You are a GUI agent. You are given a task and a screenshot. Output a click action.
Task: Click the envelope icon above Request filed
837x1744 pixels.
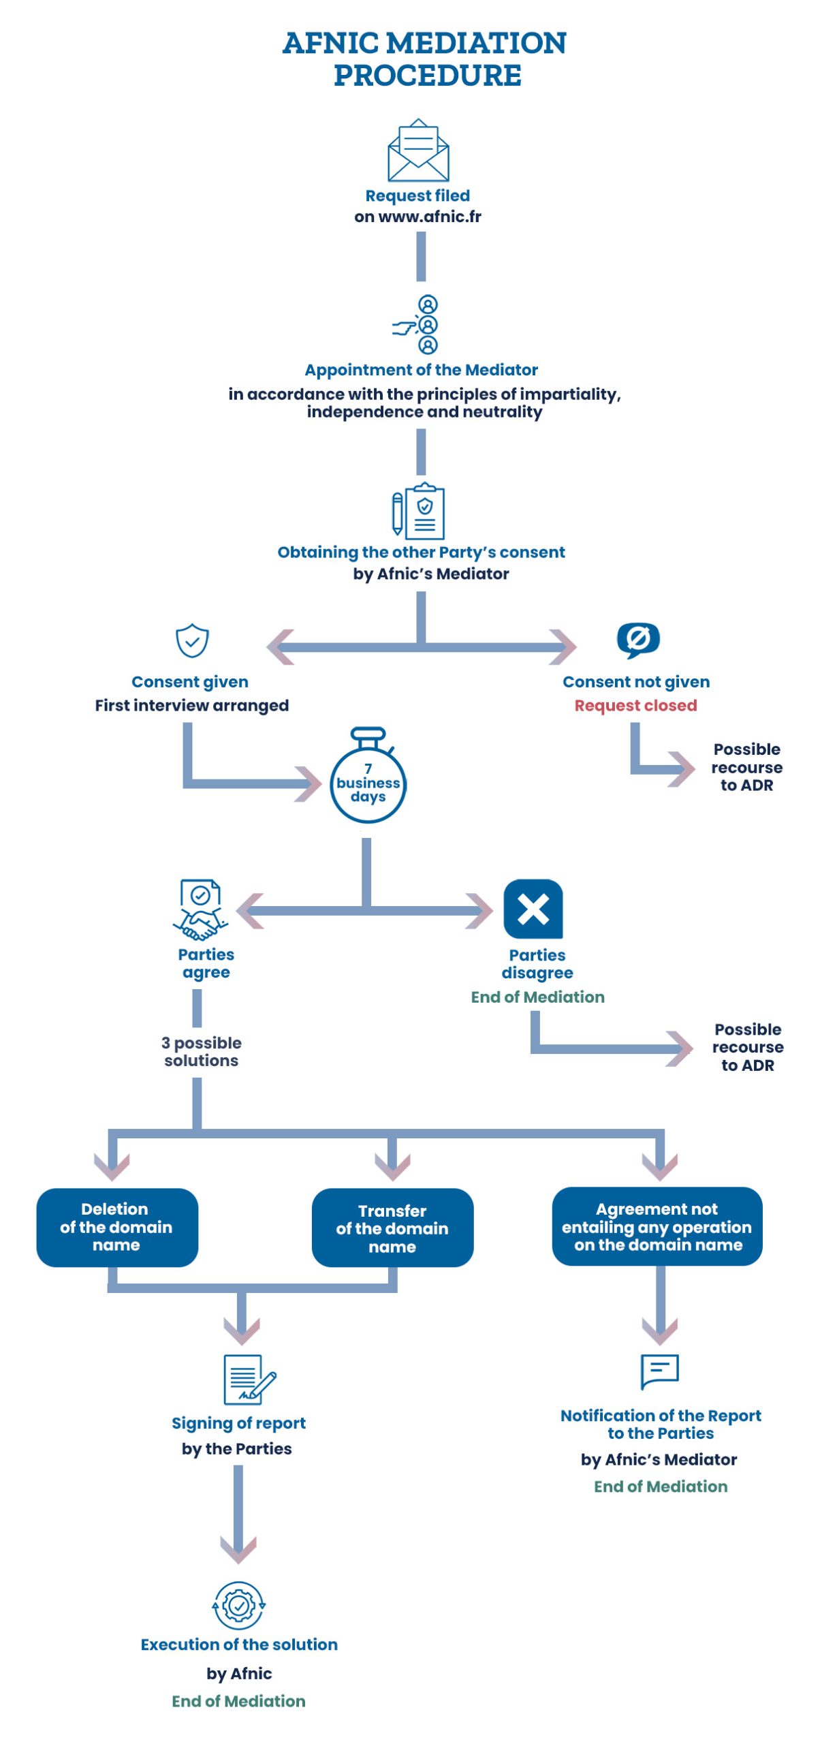tap(418, 151)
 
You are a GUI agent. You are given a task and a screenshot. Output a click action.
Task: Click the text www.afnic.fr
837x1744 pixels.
tap(429, 217)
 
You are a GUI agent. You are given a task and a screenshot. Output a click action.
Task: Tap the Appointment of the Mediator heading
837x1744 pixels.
tap(421, 370)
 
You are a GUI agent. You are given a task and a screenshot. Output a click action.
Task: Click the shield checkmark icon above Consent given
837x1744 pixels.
tap(192, 640)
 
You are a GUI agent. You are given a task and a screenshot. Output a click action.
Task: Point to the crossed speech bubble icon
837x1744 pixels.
tap(637, 639)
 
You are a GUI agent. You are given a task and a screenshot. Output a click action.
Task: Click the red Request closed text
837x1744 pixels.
tap(635, 705)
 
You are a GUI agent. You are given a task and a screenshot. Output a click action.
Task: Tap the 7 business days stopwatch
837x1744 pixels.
tap(368, 781)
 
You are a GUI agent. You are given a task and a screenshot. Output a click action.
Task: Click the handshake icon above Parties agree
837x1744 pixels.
tap(200, 909)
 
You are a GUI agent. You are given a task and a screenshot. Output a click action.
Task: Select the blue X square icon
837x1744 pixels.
tap(533, 909)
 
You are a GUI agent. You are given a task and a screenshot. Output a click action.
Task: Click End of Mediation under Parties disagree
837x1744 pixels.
tap(537, 997)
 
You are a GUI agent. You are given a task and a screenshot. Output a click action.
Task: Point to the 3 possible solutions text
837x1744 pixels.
tap(202, 1051)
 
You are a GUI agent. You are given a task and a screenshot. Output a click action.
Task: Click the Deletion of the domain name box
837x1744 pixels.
tap(117, 1226)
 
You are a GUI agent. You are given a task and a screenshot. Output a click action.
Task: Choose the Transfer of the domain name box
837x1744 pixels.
tap(392, 1228)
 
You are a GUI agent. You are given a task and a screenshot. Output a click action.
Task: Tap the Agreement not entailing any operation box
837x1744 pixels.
tap(657, 1226)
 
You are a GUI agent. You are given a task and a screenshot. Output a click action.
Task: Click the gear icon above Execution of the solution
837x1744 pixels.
tap(238, 1605)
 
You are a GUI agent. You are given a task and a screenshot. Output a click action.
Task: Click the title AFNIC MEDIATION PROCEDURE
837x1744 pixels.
tap(425, 59)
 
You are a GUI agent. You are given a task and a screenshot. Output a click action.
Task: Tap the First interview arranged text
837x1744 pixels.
tap(192, 705)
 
